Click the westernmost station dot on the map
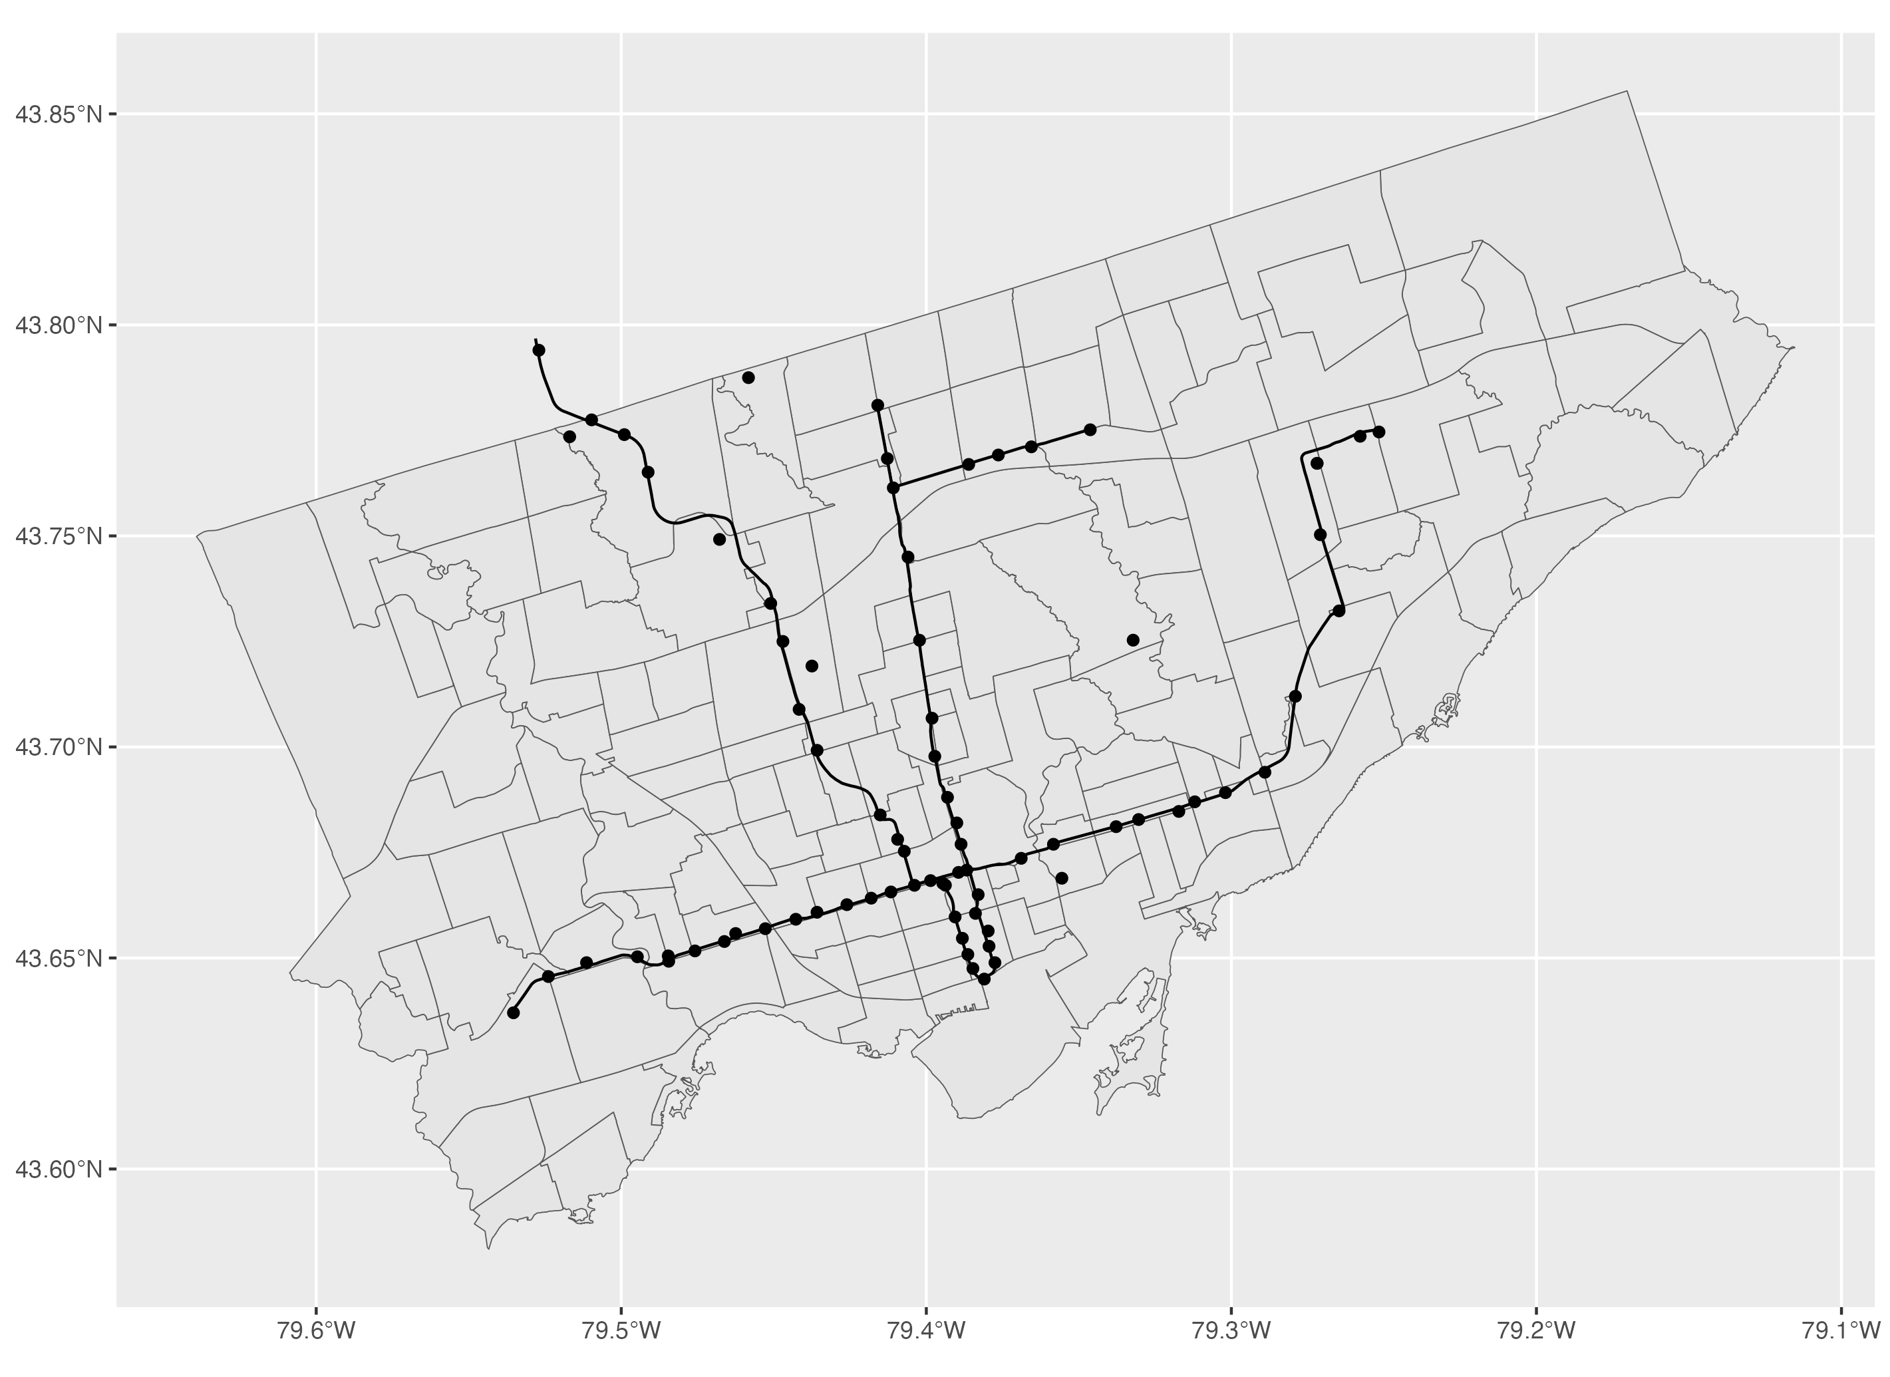pyautogui.click(x=514, y=1012)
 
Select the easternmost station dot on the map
pyautogui.click(x=1379, y=432)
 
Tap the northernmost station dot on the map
pyautogui.click(x=539, y=350)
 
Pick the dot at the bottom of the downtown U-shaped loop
pyautogui.click(x=984, y=979)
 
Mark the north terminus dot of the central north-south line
pyautogui.click(x=877, y=405)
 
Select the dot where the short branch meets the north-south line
pyautogui.click(x=893, y=488)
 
